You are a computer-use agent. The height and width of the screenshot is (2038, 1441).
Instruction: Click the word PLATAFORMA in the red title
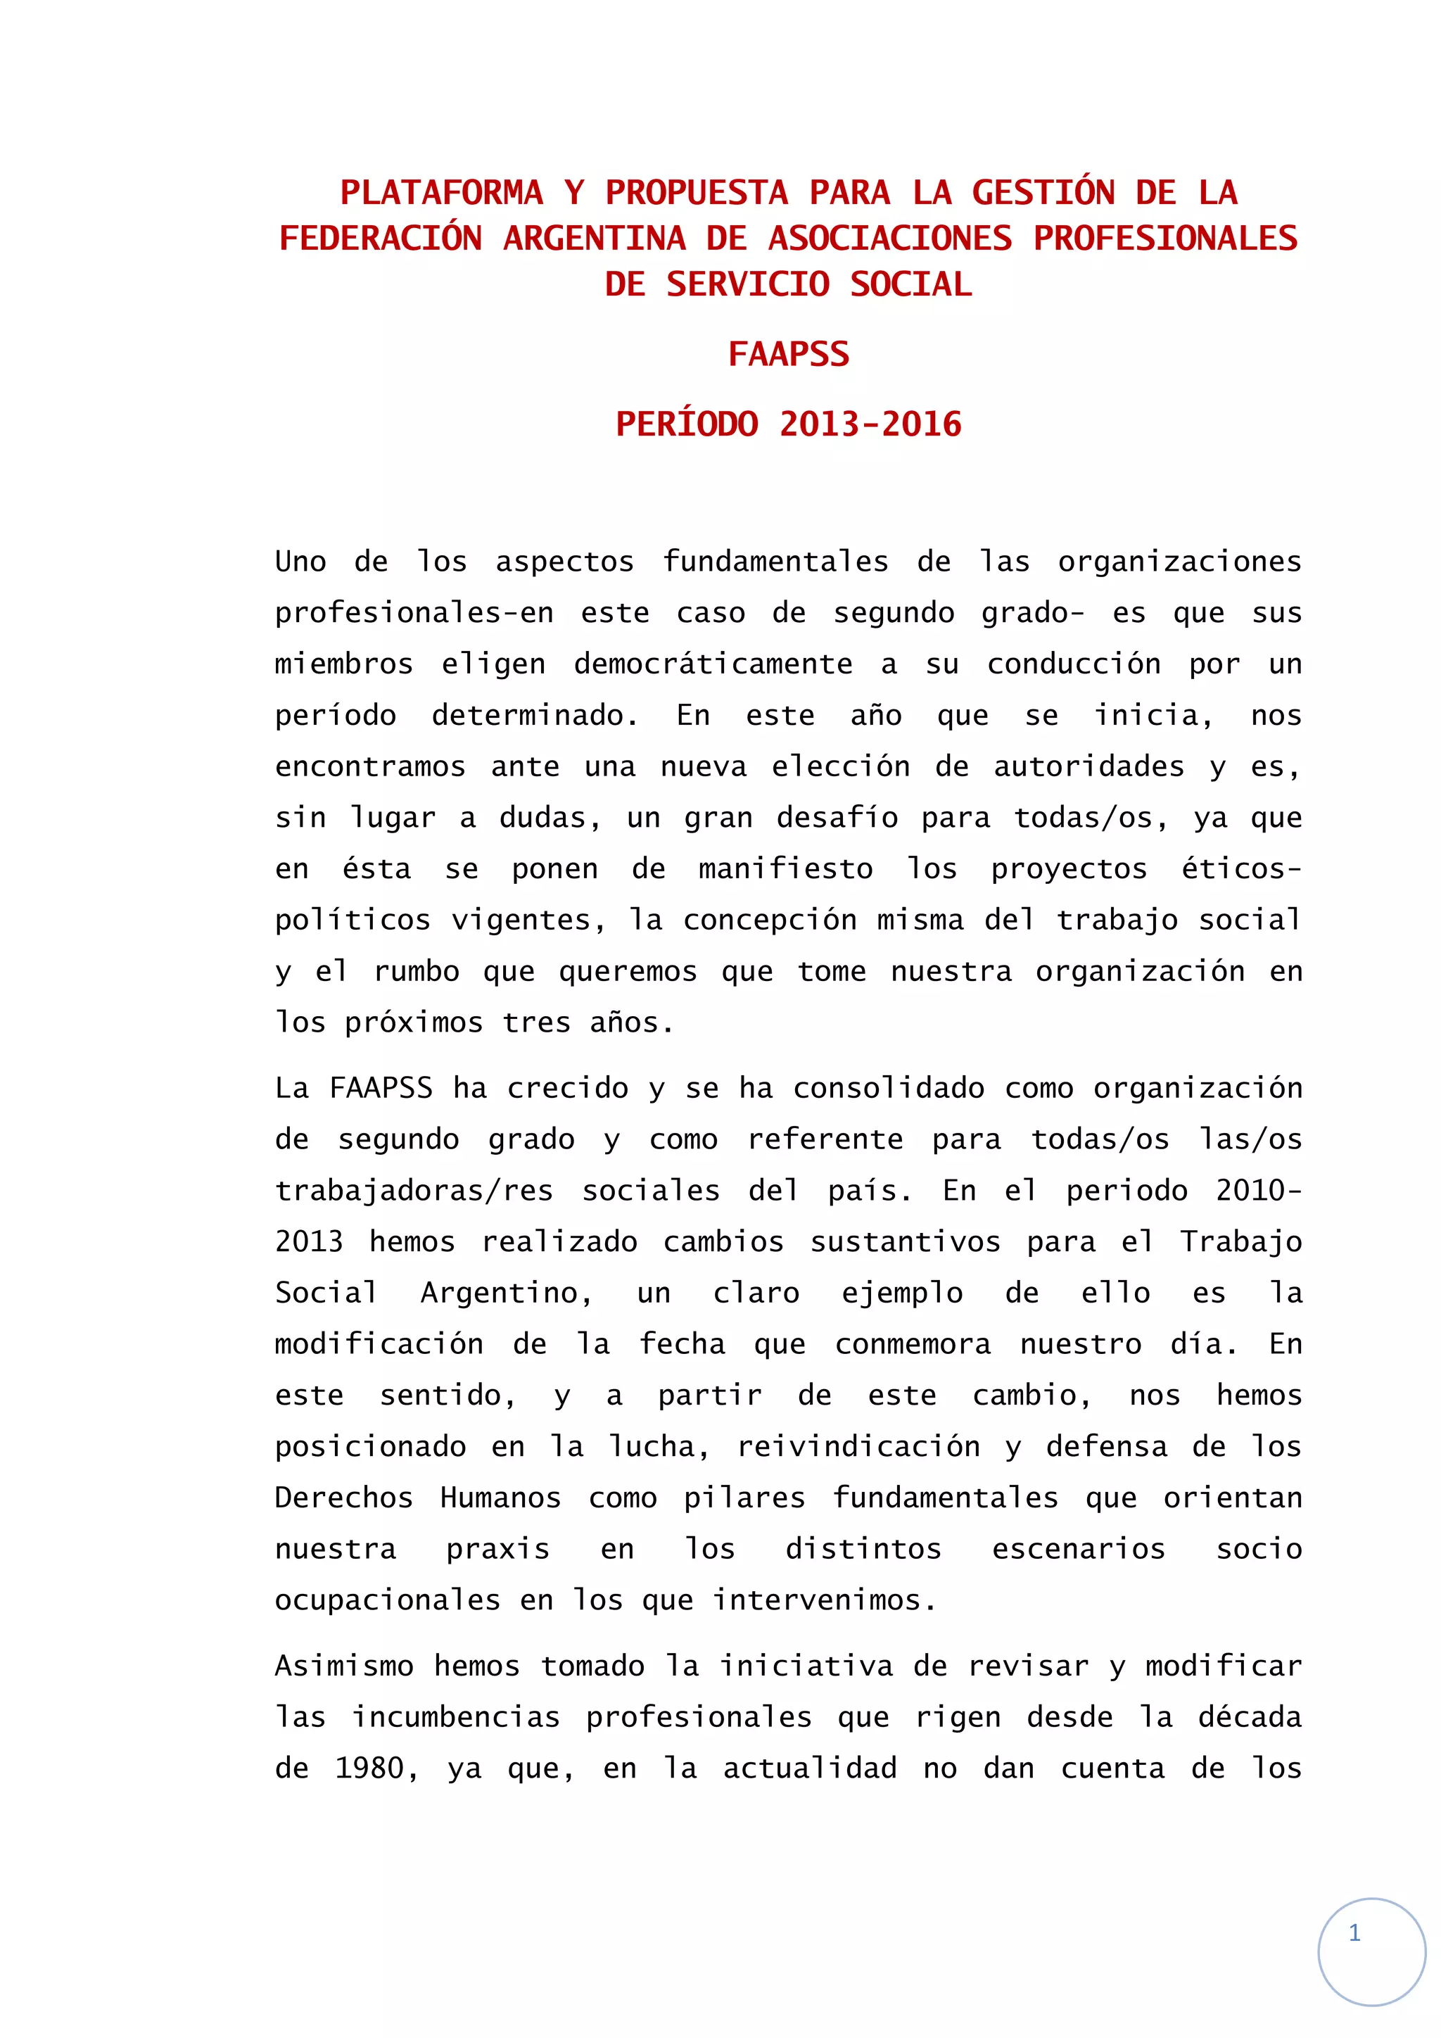(x=442, y=193)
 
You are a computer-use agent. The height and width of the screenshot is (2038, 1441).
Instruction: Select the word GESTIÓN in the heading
(x=1043, y=193)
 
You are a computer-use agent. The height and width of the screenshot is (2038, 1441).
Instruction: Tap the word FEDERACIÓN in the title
(x=381, y=239)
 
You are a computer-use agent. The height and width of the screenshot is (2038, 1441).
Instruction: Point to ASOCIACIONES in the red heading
(x=890, y=239)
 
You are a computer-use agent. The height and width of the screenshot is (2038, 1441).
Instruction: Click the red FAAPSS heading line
(x=789, y=354)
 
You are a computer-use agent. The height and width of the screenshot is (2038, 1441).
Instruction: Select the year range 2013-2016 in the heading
(x=870, y=424)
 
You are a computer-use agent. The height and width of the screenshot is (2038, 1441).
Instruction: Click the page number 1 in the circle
(x=1354, y=1932)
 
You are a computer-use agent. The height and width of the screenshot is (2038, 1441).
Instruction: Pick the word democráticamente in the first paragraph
(x=713, y=664)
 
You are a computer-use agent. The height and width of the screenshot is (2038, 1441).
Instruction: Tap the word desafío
(x=837, y=818)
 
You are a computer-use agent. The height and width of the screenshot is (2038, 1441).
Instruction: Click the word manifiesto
(x=785, y=869)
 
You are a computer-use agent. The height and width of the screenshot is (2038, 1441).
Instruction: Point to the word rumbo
(x=416, y=971)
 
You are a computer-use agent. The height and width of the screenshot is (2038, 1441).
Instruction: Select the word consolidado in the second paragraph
(x=888, y=1087)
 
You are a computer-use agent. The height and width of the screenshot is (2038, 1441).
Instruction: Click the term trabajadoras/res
(x=414, y=1190)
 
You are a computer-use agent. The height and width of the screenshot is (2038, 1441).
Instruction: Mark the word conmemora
(x=912, y=1344)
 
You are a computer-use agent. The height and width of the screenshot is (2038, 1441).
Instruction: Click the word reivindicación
(x=858, y=1446)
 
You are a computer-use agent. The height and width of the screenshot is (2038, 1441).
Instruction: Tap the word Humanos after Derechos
(x=500, y=1498)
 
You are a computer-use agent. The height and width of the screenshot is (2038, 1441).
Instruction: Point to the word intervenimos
(x=825, y=1600)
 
